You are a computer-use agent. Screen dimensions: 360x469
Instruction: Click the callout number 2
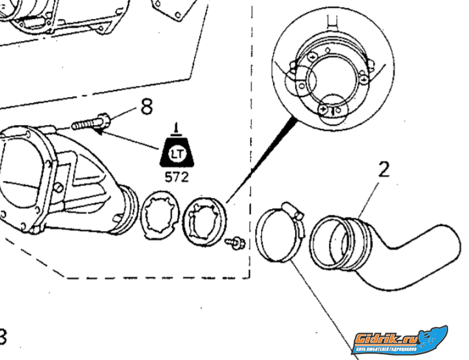384,171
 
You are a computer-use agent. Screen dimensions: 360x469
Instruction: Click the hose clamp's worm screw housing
291,210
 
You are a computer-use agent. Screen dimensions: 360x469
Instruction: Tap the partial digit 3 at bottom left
3,338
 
